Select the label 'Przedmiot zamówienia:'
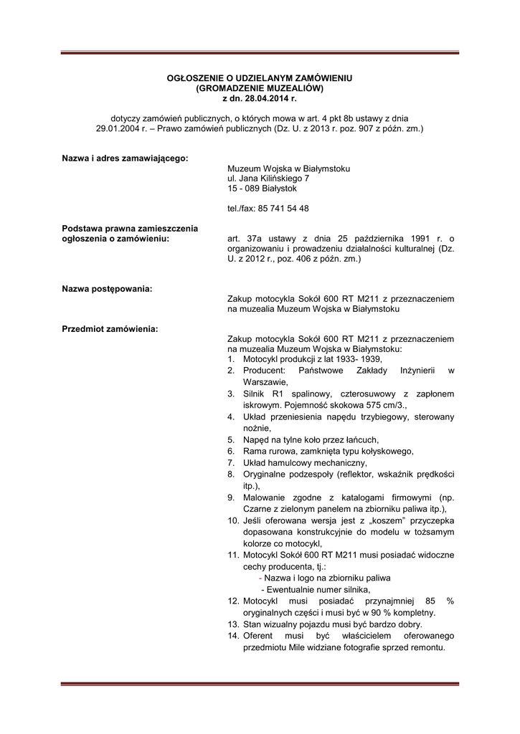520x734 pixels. [x=110, y=329]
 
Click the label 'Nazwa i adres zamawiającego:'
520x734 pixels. [x=125, y=158]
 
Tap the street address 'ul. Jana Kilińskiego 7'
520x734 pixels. [x=268, y=178]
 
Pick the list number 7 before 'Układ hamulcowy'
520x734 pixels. [x=231, y=462]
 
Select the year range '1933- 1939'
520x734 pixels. [x=358, y=358]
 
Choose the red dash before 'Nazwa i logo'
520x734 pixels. [x=260, y=578]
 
